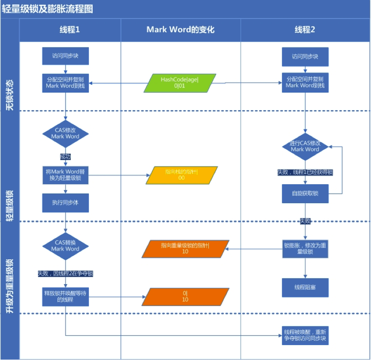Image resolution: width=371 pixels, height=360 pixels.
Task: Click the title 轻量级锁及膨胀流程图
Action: tap(48, 9)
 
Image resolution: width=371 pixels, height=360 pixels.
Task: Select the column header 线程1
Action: tap(69, 30)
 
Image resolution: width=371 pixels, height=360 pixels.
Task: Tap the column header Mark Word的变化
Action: tap(181, 30)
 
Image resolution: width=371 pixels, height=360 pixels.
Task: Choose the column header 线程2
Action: tap(305, 30)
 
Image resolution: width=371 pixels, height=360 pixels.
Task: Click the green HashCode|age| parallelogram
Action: tap(179, 83)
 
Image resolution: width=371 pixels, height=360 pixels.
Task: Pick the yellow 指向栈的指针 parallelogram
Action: tap(181, 174)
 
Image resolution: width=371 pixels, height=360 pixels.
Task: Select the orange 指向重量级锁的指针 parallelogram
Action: tap(185, 249)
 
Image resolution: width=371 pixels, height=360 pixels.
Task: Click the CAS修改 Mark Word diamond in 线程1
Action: tap(65, 133)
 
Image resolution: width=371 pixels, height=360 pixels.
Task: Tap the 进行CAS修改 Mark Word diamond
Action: tap(305, 146)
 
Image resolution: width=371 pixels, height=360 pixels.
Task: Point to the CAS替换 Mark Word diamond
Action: tap(65, 246)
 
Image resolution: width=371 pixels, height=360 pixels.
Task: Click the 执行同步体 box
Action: tap(65, 203)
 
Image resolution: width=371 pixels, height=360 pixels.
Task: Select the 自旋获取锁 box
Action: tap(305, 194)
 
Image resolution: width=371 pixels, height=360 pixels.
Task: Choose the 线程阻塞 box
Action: tap(305, 288)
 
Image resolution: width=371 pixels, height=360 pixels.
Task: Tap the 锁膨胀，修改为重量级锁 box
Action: tap(305, 249)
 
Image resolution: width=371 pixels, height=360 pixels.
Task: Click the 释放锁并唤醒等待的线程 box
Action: tap(65, 296)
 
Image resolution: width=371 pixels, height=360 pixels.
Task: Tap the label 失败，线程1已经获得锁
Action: tap(305, 172)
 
